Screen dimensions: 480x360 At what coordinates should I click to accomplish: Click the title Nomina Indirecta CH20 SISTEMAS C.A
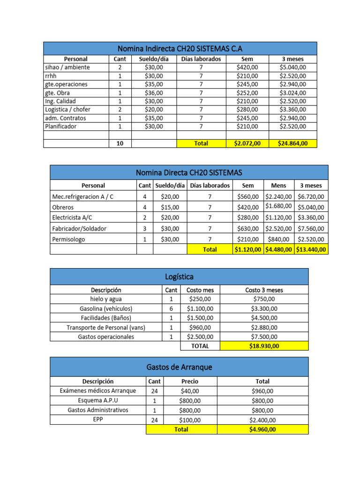point(180,48)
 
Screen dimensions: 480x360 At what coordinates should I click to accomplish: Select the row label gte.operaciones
point(66,84)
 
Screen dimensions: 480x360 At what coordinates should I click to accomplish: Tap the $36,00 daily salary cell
point(154,93)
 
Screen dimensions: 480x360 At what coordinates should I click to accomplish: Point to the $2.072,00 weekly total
point(247,143)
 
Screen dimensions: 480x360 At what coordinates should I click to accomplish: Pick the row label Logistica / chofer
point(68,110)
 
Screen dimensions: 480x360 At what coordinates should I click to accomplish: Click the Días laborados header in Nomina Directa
point(210,186)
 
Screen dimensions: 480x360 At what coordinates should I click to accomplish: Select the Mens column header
point(278,186)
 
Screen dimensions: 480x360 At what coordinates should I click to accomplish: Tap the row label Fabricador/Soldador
point(79,229)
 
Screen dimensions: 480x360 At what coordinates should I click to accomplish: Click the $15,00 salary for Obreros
point(170,207)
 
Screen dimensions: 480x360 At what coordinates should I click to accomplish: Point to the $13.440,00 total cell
point(311,250)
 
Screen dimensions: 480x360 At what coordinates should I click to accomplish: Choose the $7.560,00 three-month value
point(311,229)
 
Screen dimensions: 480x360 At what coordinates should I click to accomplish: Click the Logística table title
point(179,277)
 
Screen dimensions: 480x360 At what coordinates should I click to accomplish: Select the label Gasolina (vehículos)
point(106,308)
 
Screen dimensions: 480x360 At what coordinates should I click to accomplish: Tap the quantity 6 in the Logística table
point(171,308)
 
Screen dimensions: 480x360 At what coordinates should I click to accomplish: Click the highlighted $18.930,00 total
point(264,346)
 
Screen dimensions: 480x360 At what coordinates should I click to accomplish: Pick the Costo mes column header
point(200,290)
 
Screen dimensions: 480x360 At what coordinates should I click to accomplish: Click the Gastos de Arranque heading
point(179,367)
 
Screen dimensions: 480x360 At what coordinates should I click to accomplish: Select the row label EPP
point(97,420)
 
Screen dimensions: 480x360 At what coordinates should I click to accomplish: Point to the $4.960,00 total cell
point(264,429)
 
